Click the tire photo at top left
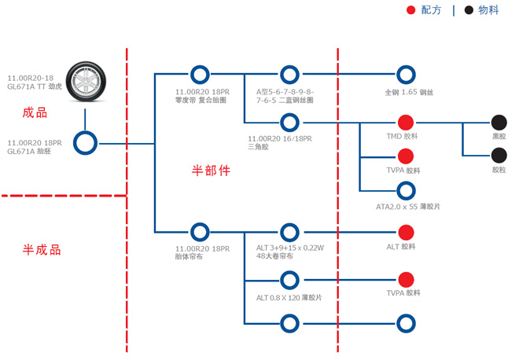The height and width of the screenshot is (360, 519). tap(85, 81)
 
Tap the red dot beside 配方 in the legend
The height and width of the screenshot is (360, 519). tap(410, 10)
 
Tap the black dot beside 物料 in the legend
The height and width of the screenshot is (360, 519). tap(469, 10)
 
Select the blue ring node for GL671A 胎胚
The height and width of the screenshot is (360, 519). tap(85, 143)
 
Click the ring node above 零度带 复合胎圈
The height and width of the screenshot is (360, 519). tap(200, 75)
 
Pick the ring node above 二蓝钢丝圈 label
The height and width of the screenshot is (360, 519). tap(290, 75)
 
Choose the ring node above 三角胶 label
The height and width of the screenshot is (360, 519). tap(290, 123)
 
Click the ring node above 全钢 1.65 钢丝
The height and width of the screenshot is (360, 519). tap(406, 75)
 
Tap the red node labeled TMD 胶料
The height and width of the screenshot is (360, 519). tap(406, 123)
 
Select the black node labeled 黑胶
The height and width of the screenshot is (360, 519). tap(499, 123)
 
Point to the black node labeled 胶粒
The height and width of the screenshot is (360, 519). tap(499, 156)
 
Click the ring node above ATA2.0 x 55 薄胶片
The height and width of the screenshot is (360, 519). tap(406, 190)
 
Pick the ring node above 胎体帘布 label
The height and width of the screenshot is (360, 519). tap(200, 232)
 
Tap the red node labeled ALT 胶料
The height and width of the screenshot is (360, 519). tap(406, 232)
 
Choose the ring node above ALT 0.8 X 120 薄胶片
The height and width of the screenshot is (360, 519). tap(290, 280)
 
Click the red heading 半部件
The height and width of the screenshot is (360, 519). tap(211, 170)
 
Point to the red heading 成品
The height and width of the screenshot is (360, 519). tap(35, 112)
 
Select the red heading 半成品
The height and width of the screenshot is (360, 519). tap(42, 250)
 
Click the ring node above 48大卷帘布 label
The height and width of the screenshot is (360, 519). tap(290, 232)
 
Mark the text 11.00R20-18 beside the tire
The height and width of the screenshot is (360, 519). tap(30, 78)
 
